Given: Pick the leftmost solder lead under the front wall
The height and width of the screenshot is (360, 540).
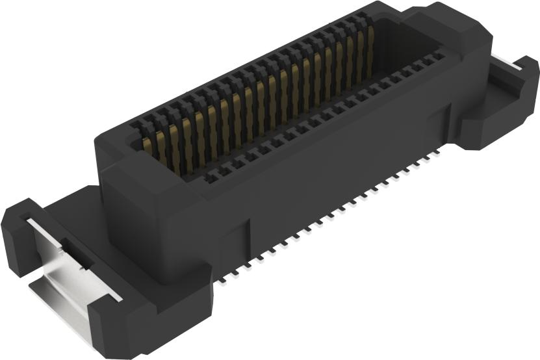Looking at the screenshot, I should click(x=222, y=281).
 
